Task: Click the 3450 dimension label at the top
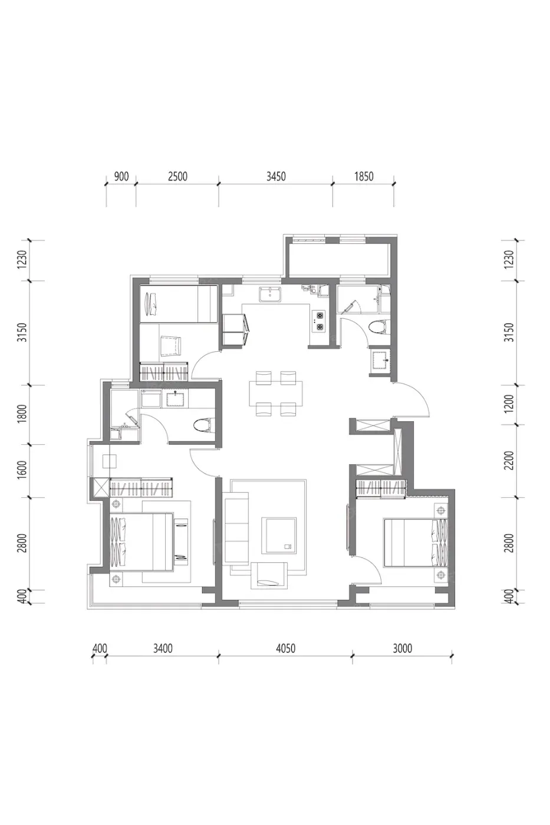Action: click(275, 177)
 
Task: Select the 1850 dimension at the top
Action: click(364, 177)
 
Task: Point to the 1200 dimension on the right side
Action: click(509, 404)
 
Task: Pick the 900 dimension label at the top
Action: click(121, 177)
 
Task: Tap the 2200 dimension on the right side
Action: click(509, 461)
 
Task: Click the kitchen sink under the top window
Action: click(270, 294)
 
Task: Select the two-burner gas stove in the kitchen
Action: click(318, 321)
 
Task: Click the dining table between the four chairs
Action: click(276, 394)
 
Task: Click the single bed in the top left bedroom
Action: click(178, 305)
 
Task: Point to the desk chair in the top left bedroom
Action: click(171, 346)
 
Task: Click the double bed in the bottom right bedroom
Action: click(416, 542)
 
